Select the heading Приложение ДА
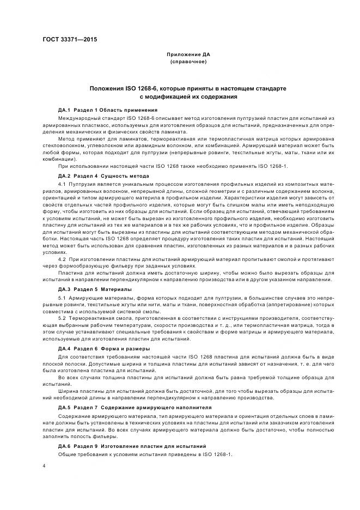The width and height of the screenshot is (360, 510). pyautogui.click(x=188, y=55)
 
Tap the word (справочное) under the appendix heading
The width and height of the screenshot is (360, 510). pyautogui.click(x=188, y=62)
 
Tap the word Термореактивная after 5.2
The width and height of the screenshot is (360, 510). pyautogui.click(x=93, y=317)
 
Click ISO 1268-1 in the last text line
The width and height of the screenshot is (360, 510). pyautogui.click(x=216, y=454)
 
